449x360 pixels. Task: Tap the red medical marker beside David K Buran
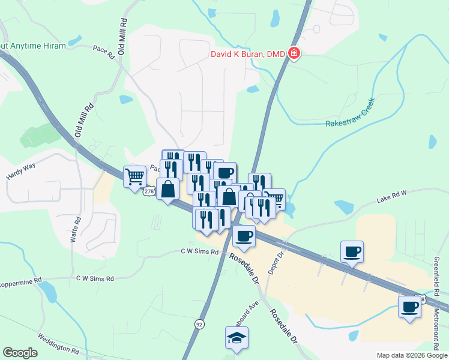[x=294, y=54]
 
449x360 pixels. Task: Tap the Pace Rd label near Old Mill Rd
[x=103, y=53]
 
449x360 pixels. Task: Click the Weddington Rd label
[x=58, y=345]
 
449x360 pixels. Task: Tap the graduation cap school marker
[x=237, y=338]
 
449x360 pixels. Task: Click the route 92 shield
[x=199, y=323]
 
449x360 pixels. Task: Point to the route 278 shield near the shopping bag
[x=149, y=191]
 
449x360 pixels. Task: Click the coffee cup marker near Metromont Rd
[x=410, y=307]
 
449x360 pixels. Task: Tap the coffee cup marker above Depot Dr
[x=244, y=236]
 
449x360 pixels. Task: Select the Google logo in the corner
[x=19, y=353]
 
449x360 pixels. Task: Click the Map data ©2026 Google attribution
[x=412, y=355]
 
